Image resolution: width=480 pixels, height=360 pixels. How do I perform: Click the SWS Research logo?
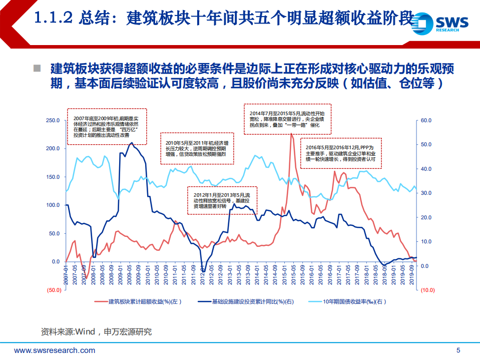(x=442, y=22)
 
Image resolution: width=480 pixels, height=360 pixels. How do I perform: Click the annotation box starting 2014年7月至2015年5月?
(x=284, y=119)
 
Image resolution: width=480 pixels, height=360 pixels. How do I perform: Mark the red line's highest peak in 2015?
(x=291, y=133)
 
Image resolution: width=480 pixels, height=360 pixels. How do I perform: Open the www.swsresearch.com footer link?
(x=55, y=350)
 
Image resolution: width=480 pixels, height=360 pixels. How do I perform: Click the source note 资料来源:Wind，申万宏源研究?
(x=96, y=331)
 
